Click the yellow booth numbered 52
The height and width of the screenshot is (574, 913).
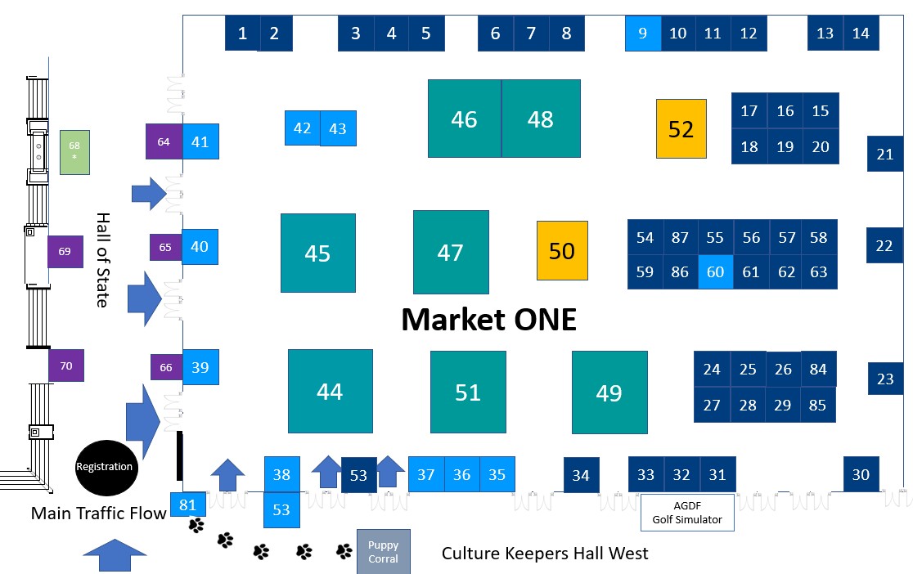click(x=681, y=128)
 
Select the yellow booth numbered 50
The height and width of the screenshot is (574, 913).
click(x=562, y=250)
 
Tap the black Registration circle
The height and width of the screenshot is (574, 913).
click(x=106, y=467)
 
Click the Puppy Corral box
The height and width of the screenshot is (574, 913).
click(x=383, y=551)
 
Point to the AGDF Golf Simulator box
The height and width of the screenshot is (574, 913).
click(x=687, y=513)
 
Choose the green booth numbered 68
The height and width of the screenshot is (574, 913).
click(x=74, y=152)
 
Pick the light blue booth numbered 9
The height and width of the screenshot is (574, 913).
click(x=643, y=34)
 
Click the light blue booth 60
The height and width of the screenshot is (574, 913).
click(x=716, y=271)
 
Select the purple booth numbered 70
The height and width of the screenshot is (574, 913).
click(x=65, y=365)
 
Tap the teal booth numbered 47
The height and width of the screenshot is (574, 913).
click(x=451, y=252)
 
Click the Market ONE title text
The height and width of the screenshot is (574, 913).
click(x=489, y=320)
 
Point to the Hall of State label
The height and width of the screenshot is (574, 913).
click(x=102, y=260)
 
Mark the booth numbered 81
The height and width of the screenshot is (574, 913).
click(x=187, y=504)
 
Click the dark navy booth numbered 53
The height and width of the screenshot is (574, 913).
click(x=358, y=475)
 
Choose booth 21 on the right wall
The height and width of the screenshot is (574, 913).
click(x=884, y=154)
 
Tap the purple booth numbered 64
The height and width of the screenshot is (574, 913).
click(x=164, y=141)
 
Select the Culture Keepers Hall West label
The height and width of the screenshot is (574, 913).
click(x=544, y=553)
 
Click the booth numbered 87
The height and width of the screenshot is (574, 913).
click(x=680, y=237)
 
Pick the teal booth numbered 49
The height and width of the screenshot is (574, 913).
click(x=609, y=392)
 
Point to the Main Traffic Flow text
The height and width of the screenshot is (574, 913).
click(x=98, y=513)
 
